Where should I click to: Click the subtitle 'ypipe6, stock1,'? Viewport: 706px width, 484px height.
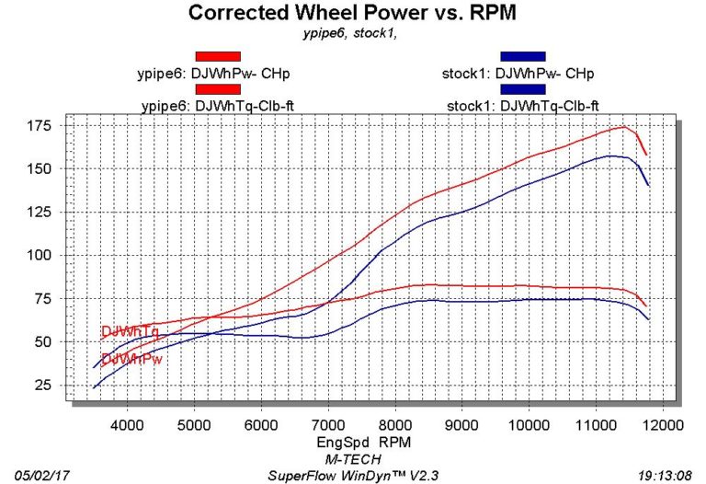pos(353,34)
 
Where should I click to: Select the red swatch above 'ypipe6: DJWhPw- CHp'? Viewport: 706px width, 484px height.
pos(218,56)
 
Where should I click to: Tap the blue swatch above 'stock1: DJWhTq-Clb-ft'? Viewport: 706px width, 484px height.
pos(522,89)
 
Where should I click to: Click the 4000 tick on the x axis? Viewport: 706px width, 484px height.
pos(128,425)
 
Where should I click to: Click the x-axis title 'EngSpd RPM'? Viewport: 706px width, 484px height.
pos(355,443)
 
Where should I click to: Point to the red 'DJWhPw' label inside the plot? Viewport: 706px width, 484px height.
pos(131,359)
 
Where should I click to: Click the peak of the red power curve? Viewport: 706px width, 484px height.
pos(623,127)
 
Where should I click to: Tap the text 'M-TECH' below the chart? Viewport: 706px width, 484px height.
pos(353,458)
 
